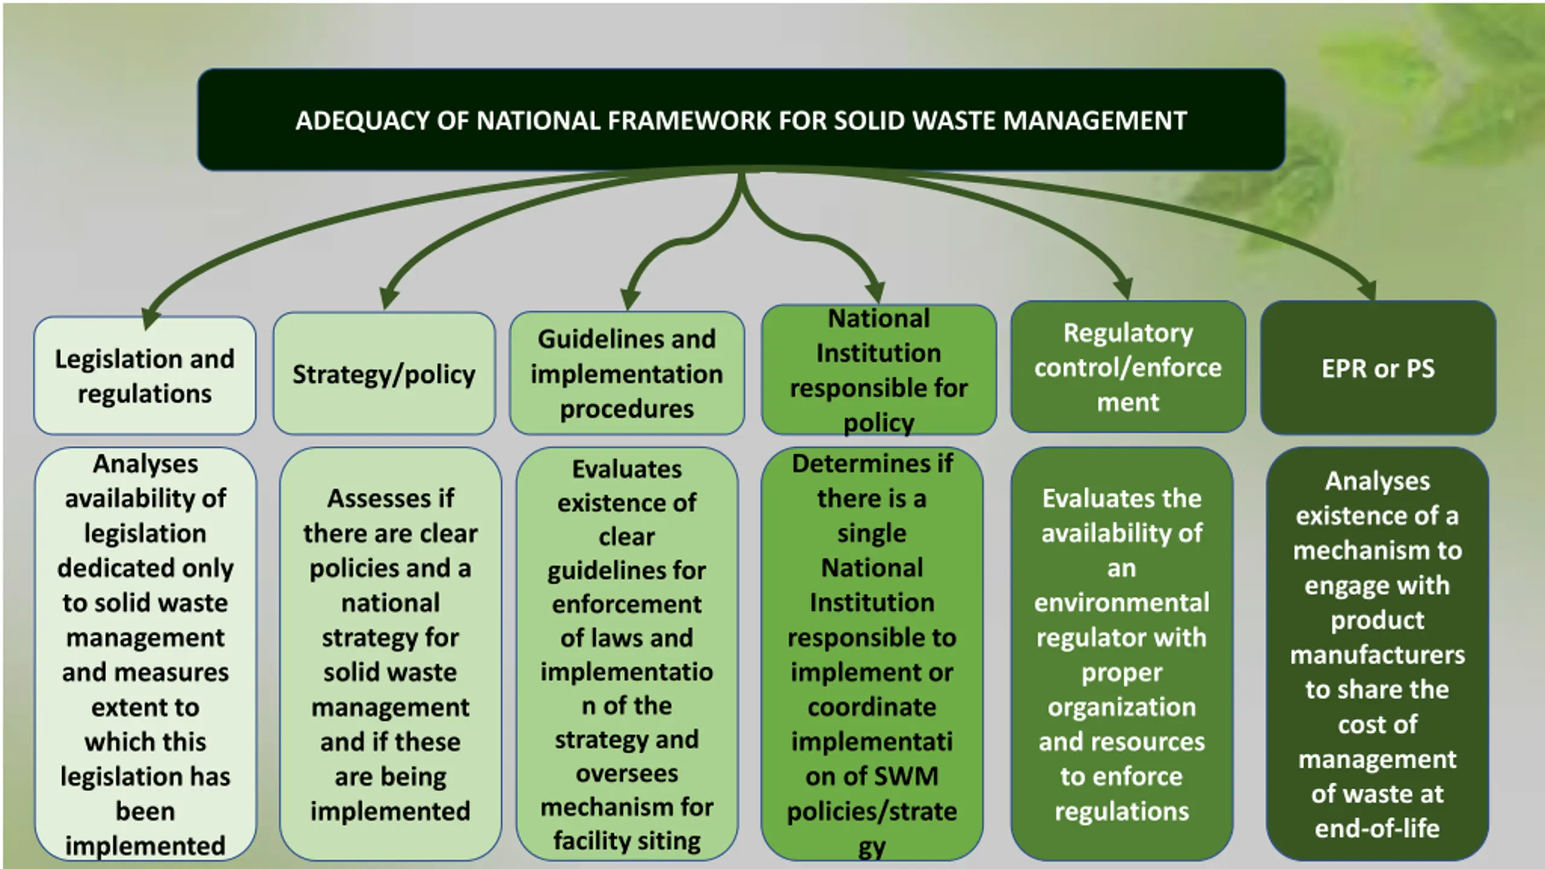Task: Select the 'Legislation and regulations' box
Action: (x=145, y=376)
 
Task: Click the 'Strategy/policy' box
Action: (x=384, y=374)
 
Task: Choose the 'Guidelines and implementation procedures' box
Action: (x=626, y=374)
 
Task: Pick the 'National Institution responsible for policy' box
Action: (x=878, y=370)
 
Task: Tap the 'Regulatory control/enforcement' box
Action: (x=1127, y=367)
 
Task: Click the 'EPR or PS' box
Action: (x=1378, y=369)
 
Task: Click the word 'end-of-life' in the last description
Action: (x=1377, y=829)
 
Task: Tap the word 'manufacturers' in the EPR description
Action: (x=1377, y=655)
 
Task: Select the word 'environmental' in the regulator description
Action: (x=1121, y=603)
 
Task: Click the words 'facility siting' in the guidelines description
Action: (x=626, y=841)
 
